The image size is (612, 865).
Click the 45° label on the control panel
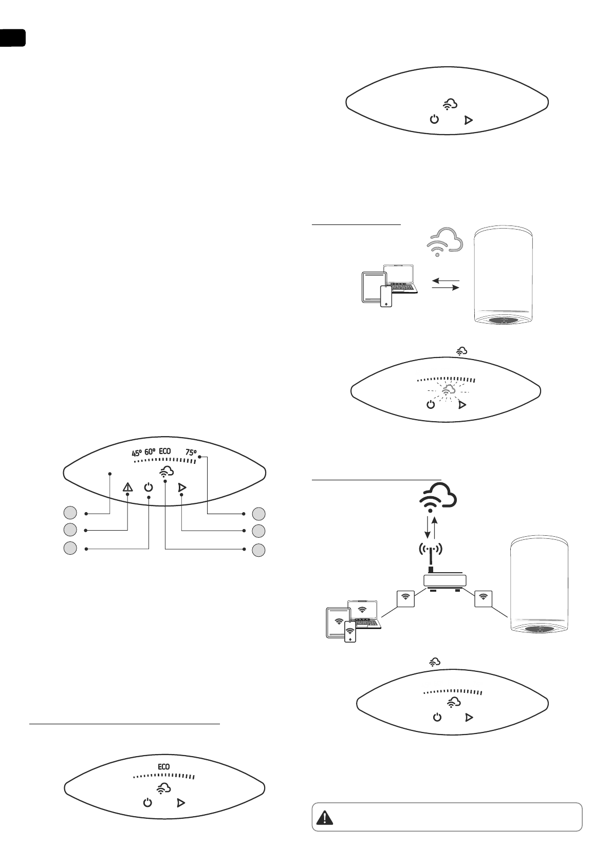137,453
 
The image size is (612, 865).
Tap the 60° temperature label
150,452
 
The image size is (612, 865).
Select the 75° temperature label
191,453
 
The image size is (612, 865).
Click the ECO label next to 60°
165,452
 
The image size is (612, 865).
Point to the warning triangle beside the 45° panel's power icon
127,487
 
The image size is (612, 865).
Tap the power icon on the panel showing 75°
148,487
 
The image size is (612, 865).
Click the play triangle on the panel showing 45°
181,487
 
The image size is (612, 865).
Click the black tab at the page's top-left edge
12,37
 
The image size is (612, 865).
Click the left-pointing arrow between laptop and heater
445,280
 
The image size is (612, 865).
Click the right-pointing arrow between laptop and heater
445,288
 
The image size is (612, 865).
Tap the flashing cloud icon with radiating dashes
447,390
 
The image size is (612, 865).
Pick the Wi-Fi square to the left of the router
406,597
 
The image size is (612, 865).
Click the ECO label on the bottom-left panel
163,766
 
